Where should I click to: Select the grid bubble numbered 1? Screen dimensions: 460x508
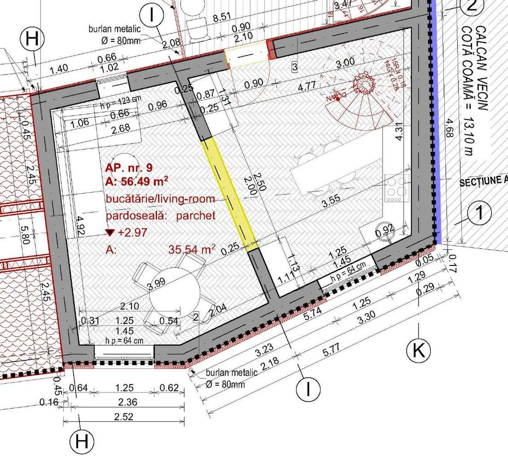[x=479, y=213]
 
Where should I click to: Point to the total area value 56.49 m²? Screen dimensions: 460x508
[x=137, y=181]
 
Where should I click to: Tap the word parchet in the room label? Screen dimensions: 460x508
[x=195, y=216]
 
